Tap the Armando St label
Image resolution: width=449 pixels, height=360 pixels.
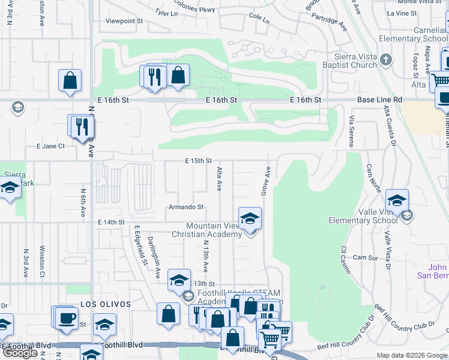(x=186, y=207)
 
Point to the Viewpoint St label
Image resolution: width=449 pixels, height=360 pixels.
(x=124, y=20)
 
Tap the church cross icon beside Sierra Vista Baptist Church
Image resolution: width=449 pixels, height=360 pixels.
(x=385, y=60)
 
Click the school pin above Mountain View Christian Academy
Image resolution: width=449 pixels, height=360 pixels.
(x=250, y=218)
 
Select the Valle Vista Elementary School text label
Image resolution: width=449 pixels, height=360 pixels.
(x=363, y=216)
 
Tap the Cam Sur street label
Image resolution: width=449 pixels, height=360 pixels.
(x=365, y=257)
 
